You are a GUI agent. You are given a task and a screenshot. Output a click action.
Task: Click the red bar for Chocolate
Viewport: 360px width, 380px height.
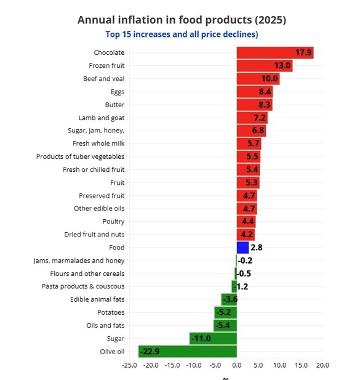[x=275, y=53]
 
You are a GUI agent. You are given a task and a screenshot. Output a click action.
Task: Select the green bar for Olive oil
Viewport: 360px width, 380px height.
[x=188, y=351]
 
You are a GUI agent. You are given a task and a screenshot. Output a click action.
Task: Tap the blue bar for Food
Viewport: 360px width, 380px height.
[x=242, y=248]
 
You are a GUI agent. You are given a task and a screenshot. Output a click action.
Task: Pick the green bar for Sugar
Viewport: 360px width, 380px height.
[x=213, y=338]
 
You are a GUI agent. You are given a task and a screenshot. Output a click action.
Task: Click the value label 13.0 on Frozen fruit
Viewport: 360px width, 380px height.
[x=282, y=66]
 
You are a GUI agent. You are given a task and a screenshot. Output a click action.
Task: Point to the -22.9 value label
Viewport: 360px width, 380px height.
[x=150, y=352]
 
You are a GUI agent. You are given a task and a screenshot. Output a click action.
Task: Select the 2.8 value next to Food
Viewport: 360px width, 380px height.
[x=257, y=248]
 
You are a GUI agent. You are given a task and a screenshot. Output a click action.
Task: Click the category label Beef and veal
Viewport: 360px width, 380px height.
[x=103, y=79]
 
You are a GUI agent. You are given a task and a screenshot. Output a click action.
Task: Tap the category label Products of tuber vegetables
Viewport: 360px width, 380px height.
[x=80, y=156]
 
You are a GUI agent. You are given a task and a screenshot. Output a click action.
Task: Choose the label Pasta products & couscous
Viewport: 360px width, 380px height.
[x=83, y=286]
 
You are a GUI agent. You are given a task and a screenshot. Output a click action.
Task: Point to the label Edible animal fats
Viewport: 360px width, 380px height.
[x=97, y=299]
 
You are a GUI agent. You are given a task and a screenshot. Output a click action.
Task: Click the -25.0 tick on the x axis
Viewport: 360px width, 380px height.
[x=129, y=365]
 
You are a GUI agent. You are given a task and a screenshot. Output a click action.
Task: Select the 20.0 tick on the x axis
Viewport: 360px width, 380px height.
[x=322, y=365]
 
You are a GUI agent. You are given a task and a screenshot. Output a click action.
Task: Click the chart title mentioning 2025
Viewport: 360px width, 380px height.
[x=182, y=20]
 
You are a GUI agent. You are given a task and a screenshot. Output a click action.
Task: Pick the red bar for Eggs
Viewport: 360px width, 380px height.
[x=255, y=92]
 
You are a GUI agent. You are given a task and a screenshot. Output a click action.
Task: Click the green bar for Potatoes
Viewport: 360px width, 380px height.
[x=226, y=312]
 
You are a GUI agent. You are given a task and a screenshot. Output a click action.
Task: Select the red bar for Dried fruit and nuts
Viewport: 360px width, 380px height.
[x=246, y=235]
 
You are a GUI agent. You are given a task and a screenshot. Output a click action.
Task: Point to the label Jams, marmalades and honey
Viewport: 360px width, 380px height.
[x=79, y=261]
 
